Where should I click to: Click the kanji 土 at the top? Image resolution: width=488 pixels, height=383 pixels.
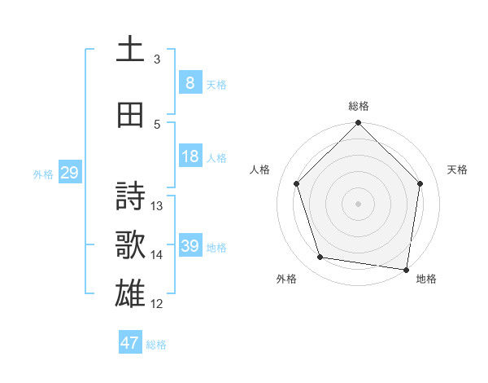[x=130, y=50]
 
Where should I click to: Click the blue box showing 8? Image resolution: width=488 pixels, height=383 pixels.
[x=190, y=83]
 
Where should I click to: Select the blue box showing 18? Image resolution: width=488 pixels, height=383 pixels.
[x=190, y=156]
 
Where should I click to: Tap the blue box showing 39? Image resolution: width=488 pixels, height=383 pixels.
[x=190, y=246]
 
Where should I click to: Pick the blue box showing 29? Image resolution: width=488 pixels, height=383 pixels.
[x=69, y=173]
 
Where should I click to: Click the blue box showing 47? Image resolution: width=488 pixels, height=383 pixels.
[x=130, y=343]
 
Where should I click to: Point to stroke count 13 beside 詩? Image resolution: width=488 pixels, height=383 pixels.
[x=157, y=206]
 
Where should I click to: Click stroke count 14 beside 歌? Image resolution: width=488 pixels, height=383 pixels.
[x=157, y=255]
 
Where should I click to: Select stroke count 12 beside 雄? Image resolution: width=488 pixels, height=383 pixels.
[x=157, y=304]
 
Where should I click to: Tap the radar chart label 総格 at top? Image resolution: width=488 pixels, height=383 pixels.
[x=359, y=106]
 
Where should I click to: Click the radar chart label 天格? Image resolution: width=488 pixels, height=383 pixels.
[x=457, y=169]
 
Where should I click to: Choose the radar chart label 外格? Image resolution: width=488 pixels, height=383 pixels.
[x=286, y=279]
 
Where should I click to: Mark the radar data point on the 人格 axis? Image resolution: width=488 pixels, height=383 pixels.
[x=296, y=183]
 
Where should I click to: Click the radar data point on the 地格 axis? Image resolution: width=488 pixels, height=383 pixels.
[x=407, y=269]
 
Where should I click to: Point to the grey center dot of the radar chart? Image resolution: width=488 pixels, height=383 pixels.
[x=358, y=203]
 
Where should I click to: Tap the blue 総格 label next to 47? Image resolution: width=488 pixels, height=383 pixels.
[x=156, y=345]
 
